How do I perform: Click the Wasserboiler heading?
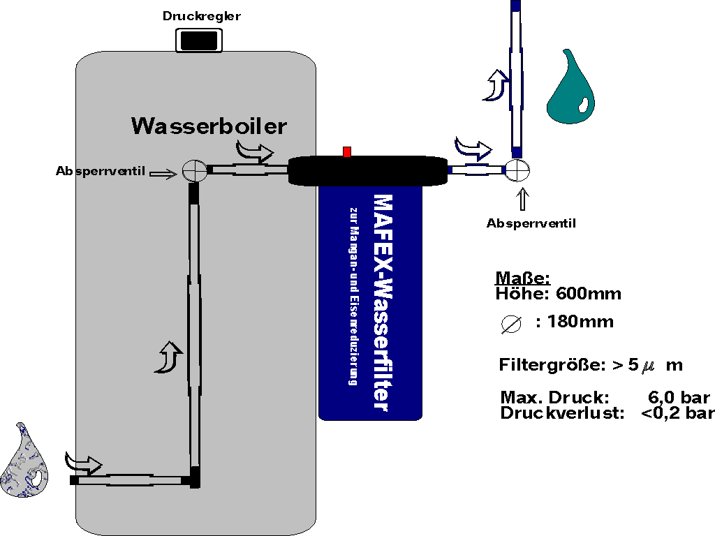(x=209, y=126)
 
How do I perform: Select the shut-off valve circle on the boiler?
(x=193, y=170)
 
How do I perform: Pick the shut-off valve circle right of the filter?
(x=517, y=170)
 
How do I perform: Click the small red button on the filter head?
(x=347, y=152)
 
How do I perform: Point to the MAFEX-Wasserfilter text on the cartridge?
(x=381, y=303)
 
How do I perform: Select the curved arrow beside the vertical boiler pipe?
(x=170, y=357)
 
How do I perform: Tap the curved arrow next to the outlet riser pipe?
(x=498, y=84)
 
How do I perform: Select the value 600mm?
(x=588, y=294)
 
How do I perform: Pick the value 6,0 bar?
(x=679, y=398)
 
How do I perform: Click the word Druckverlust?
(x=555, y=412)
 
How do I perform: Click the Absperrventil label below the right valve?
(x=531, y=223)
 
